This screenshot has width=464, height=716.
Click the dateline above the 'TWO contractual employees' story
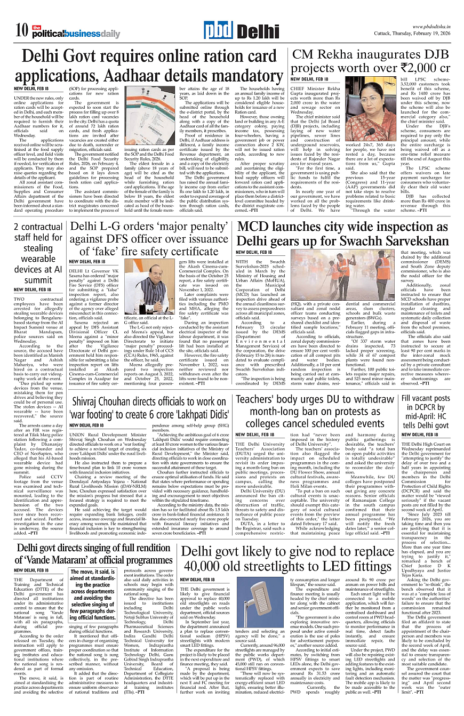(31, 289)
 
